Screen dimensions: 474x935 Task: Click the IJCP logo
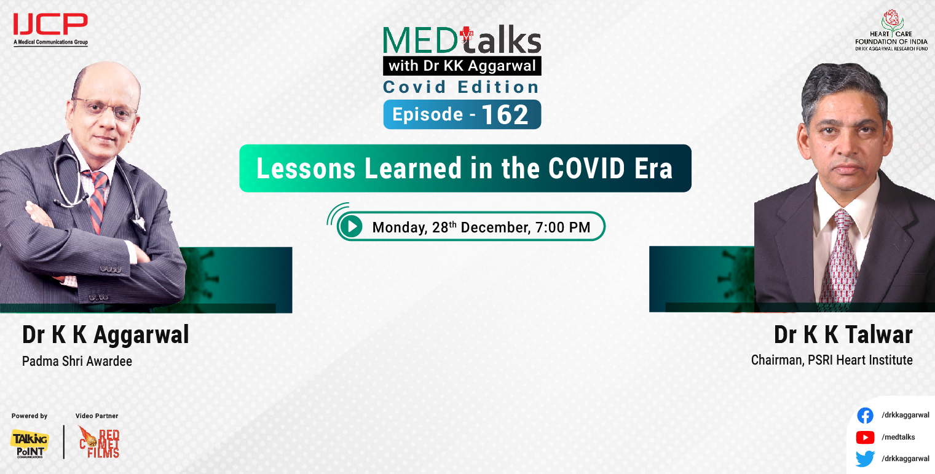tap(50, 28)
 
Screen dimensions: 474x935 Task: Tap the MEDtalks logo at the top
tap(462, 41)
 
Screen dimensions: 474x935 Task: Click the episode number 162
tap(505, 115)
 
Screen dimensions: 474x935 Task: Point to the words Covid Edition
tap(461, 87)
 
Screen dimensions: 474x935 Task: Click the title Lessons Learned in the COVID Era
tap(464, 168)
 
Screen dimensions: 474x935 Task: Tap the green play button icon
tap(352, 227)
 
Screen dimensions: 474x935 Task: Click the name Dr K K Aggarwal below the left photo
tap(106, 335)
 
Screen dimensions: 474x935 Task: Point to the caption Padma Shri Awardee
tap(77, 361)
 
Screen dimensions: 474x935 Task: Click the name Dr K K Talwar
tap(843, 335)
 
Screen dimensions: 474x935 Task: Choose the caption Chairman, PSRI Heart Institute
tap(832, 360)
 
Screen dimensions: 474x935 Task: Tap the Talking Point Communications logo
tap(29, 443)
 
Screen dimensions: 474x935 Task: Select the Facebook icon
tap(865, 416)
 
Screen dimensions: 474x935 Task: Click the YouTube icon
tap(865, 437)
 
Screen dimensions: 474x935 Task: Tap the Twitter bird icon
tap(865, 459)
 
